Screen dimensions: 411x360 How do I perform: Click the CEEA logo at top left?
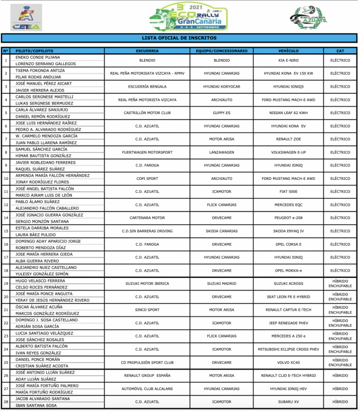click(26, 18)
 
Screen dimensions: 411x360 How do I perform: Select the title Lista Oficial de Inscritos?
click(179, 38)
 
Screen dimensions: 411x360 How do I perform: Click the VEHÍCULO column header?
click(288, 51)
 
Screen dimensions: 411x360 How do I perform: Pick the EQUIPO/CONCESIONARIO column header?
click(221, 51)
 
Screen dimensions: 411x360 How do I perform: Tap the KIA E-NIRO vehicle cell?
click(288, 61)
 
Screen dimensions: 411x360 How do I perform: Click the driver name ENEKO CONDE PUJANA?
click(38, 57)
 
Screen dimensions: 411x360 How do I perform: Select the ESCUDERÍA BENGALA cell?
click(147, 87)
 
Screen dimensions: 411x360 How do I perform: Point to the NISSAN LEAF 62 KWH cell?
click(288, 113)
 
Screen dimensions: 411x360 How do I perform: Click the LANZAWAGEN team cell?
click(221, 152)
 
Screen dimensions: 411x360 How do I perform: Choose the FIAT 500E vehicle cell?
click(288, 191)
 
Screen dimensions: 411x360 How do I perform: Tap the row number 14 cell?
click(6, 218)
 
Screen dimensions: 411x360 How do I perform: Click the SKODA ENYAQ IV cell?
click(288, 231)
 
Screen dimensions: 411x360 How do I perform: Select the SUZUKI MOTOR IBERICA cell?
click(147, 284)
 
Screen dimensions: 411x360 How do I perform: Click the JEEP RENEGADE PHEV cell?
click(288, 323)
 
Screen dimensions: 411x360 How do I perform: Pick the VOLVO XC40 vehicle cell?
click(288, 362)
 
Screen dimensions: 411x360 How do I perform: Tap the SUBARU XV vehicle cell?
click(288, 402)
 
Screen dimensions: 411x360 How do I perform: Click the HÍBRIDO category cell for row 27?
click(340, 389)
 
